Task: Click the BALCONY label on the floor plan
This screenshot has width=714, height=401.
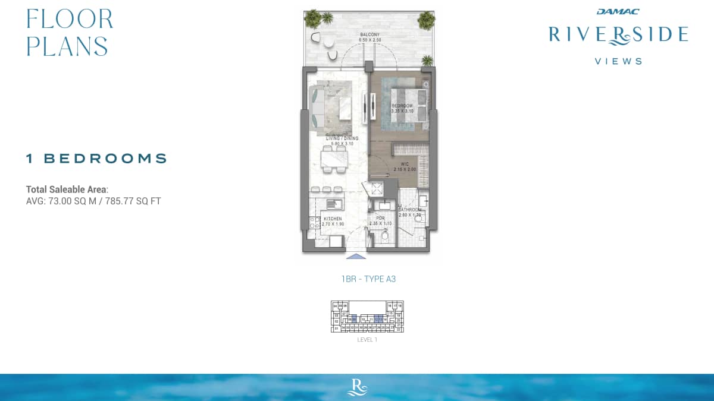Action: (369, 35)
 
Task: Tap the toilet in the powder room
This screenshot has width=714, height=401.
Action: (384, 237)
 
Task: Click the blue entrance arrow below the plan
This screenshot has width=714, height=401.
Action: (356, 257)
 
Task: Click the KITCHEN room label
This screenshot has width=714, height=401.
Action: (333, 219)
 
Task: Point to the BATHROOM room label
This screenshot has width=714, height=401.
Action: (409, 210)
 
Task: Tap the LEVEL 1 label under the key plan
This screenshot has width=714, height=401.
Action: (367, 340)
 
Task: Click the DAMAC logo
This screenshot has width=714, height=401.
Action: (618, 11)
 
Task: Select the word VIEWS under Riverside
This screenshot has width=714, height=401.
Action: (618, 61)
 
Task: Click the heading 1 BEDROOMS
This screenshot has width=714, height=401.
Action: (96, 159)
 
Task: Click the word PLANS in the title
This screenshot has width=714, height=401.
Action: (67, 46)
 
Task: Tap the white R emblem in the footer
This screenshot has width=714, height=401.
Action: (357, 387)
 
